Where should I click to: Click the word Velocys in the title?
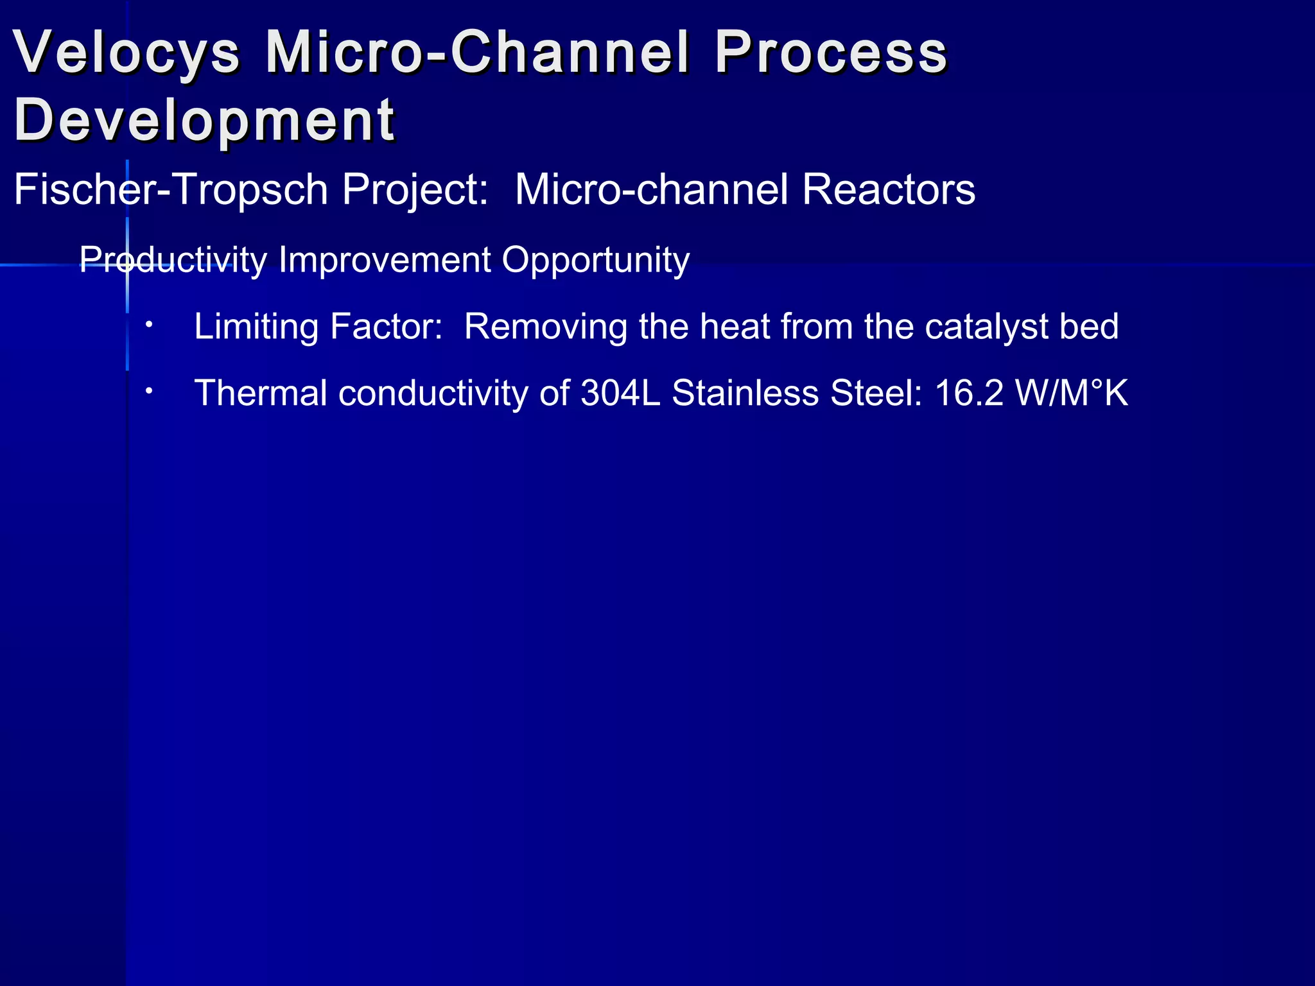click(126, 53)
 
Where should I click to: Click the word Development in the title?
click(204, 121)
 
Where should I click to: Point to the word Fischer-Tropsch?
click(171, 191)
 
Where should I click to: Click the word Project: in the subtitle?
click(415, 191)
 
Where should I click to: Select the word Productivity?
click(173, 261)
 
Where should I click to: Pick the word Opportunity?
click(595, 261)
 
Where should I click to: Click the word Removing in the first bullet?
click(545, 327)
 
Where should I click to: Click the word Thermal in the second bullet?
click(261, 393)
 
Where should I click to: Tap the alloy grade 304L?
click(620, 393)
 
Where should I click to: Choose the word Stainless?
click(745, 393)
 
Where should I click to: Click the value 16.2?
click(968, 393)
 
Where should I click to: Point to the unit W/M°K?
click(1071, 393)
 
